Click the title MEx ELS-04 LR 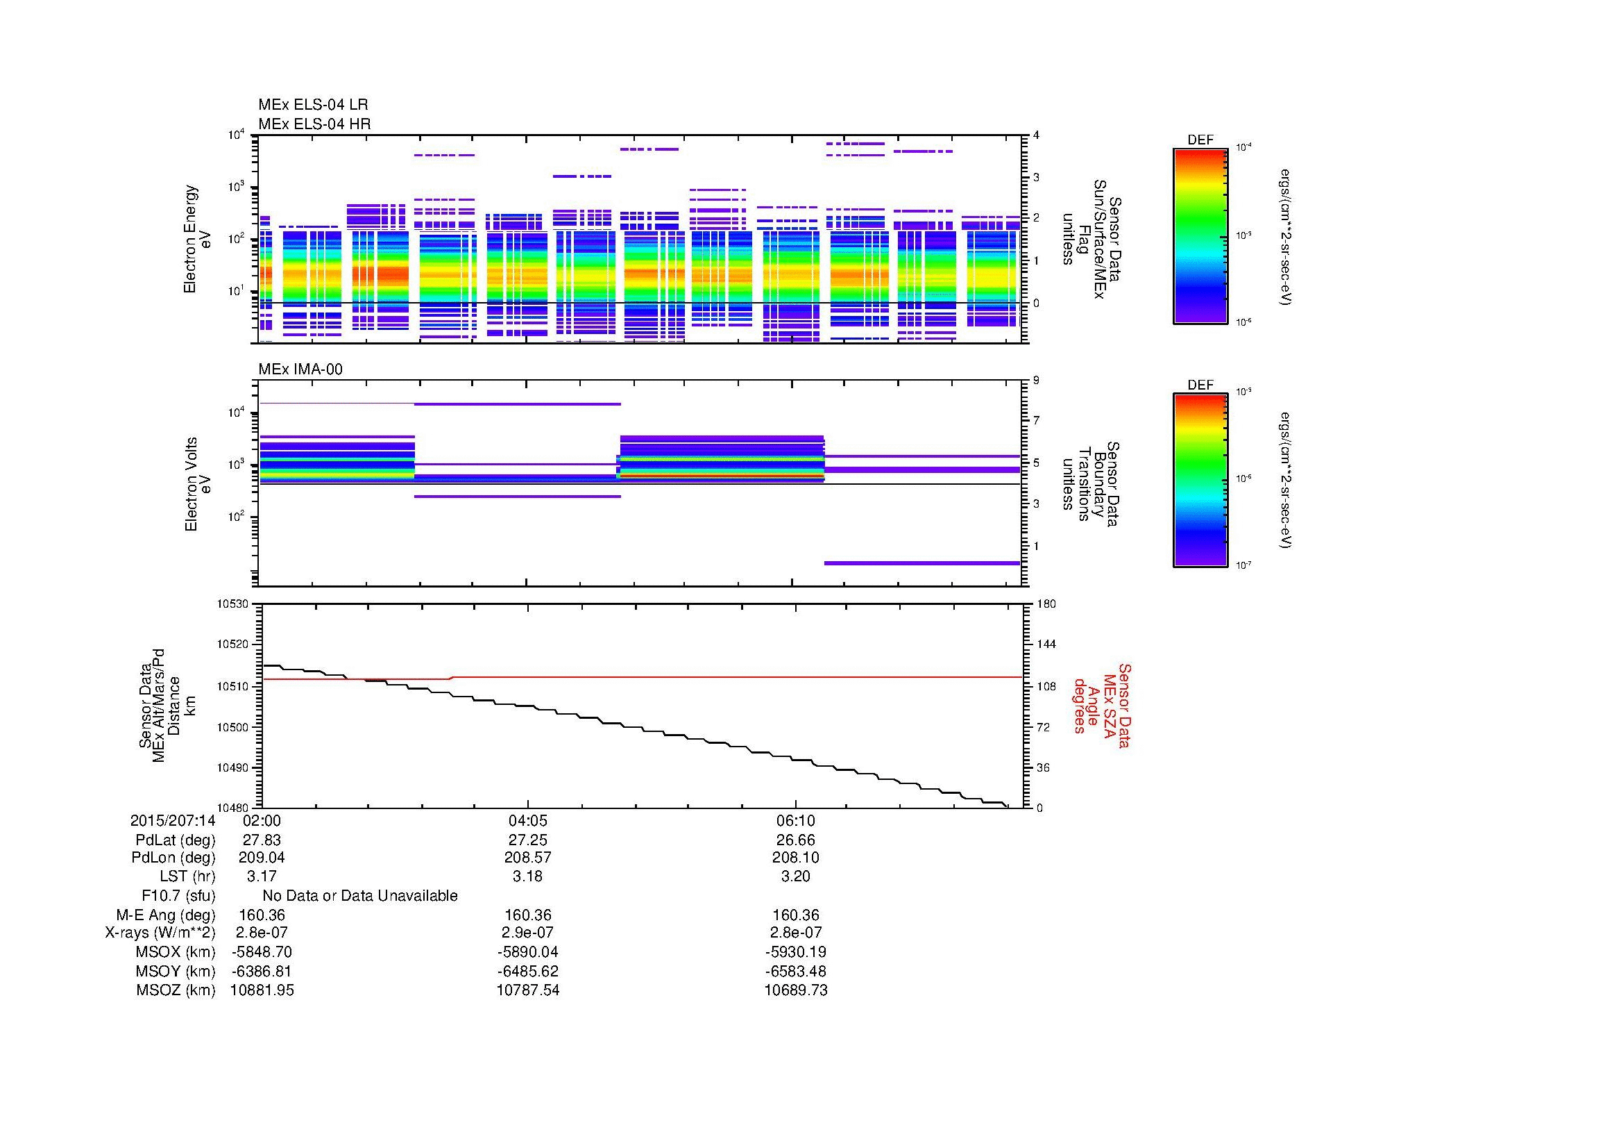coord(312,105)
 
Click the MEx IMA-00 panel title coord(300,369)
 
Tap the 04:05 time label coord(527,821)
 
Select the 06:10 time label coord(795,821)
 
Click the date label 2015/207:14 coord(173,821)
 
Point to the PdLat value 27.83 coord(262,840)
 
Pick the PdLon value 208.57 coord(527,858)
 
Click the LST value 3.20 coord(795,877)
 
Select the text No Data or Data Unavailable coord(360,896)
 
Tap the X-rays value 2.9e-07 coord(527,933)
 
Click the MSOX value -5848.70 coord(262,952)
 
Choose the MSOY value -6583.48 coord(795,972)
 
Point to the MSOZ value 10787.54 coord(527,990)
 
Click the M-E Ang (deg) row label coord(165,915)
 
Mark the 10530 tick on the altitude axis coord(233,604)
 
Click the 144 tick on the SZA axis coord(1046,644)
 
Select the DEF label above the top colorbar coord(1200,140)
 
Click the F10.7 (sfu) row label coord(178,896)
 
